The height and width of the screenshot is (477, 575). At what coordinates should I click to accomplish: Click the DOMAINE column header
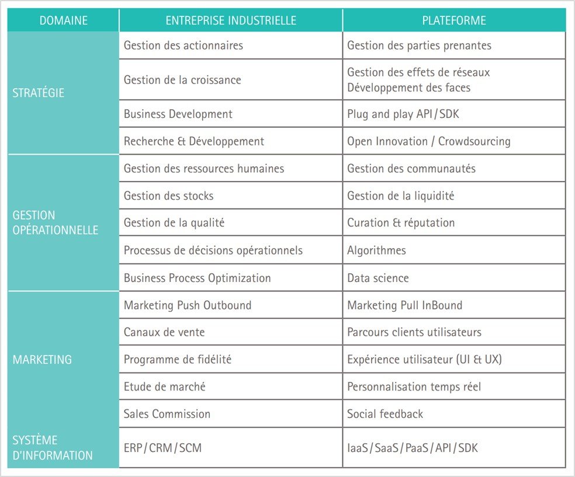pyautogui.click(x=63, y=21)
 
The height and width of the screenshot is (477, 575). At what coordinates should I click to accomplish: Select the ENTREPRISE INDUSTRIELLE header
pyautogui.click(x=231, y=21)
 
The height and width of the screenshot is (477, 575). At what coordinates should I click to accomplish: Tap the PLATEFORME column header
pyautogui.click(x=454, y=21)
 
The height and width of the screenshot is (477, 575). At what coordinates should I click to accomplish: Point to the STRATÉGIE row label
pyautogui.click(x=39, y=93)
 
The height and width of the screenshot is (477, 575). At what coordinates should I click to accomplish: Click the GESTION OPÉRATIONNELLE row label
pyautogui.click(x=55, y=223)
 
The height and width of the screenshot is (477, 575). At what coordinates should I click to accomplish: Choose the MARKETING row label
pyautogui.click(x=42, y=360)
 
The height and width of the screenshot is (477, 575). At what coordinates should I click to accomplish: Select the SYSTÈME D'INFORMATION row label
pyautogui.click(x=53, y=448)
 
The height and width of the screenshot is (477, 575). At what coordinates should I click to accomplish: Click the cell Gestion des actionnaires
pyautogui.click(x=183, y=46)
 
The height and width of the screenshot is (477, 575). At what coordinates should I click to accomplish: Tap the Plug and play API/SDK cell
pyautogui.click(x=403, y=114)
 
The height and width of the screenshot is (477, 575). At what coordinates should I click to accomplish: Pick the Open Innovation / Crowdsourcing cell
pyautogui.click(x=429, y=141)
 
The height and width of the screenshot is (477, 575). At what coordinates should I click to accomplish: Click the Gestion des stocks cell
pyautogui.click(x=169, y=196)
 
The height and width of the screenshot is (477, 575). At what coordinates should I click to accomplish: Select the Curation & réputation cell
pyautogui.click(x=401, y=223)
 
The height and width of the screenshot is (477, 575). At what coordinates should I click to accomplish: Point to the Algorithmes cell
pyautogui.click(x=376, y=250)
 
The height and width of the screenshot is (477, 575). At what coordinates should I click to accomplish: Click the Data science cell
pyautogui.click(x=378, y=278)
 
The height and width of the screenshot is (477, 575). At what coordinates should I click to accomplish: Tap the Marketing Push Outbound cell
pyautogui.click(x=188, y=305)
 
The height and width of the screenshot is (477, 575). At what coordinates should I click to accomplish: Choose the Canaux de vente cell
pyautogui.click(x=164, y=332)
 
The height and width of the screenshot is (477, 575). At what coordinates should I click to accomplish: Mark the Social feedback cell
pyautogui.click(x=385, y=414)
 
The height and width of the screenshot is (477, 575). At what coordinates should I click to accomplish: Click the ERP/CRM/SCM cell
pyautogui.click(x=163, y=448)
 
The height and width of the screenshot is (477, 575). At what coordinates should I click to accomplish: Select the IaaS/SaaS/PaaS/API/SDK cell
pyautogui.click(x=413, y=448)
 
